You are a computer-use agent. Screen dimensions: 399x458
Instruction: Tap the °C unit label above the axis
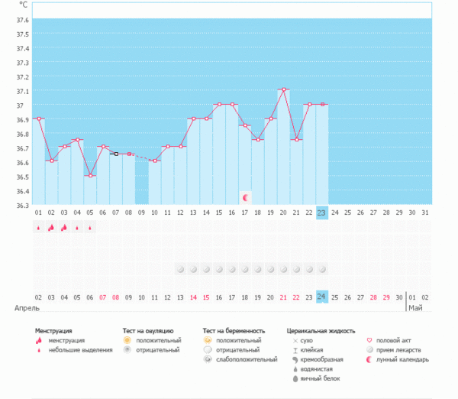tap(23, 5)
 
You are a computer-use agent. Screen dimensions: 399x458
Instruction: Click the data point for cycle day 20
tap(283, 89)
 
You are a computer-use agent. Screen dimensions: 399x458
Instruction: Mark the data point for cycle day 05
tap(90, 176)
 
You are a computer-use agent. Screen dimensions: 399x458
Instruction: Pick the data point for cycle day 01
tap(39, 118)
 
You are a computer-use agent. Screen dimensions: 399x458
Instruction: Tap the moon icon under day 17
tap(245, 197)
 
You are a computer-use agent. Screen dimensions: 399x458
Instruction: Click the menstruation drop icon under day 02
tap(51, 227)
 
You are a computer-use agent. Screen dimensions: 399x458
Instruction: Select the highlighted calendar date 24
tap(322, 297)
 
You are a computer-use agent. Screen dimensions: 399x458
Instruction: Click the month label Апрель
tap(27, 308)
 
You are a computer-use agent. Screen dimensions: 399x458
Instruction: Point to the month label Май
tap(415, 308)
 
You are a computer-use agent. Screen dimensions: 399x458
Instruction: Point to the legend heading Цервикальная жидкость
tap(321, 330)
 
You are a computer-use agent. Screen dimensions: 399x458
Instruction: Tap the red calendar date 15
tap(206, 297)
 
